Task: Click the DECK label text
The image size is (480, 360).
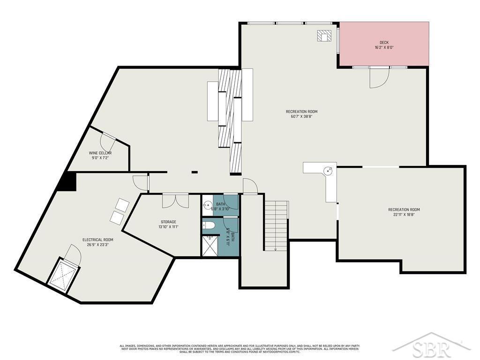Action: click(x=384, y=42)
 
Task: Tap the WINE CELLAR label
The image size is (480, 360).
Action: click(x=100, y=153)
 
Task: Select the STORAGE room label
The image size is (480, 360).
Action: click(x=168, y=222)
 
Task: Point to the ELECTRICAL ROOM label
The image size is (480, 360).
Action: click(x=97, y=240)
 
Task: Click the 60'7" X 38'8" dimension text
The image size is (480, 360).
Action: click(x=301, y=117)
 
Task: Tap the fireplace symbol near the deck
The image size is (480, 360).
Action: click(x=324, y=36)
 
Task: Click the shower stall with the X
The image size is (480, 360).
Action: click(x=210, y=246)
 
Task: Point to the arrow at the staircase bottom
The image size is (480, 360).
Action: click(x=275, y=249)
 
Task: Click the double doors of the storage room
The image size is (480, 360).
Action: click(x=175, y=200)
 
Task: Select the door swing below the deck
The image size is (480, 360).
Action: click(x=378, y=78)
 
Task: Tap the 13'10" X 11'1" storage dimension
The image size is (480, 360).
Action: click(x=168, y=227)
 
